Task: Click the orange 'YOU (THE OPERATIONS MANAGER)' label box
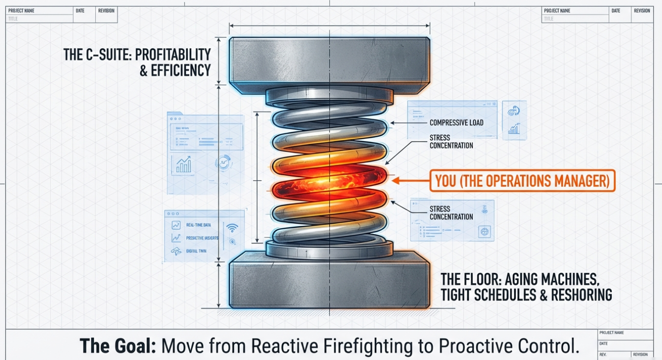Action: tap(522, 181)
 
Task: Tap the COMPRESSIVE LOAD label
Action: tap(456, 123)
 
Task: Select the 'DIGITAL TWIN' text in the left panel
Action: tap(196, 251)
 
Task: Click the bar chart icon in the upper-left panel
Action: tap(183, 165)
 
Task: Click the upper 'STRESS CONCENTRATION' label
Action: tap(451, 142)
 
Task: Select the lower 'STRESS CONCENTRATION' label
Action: tap(451, 213)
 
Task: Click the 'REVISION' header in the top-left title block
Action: tap(106, 10)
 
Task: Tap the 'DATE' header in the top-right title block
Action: tap(615, 10)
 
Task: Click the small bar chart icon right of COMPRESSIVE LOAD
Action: tap(514, 129)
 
